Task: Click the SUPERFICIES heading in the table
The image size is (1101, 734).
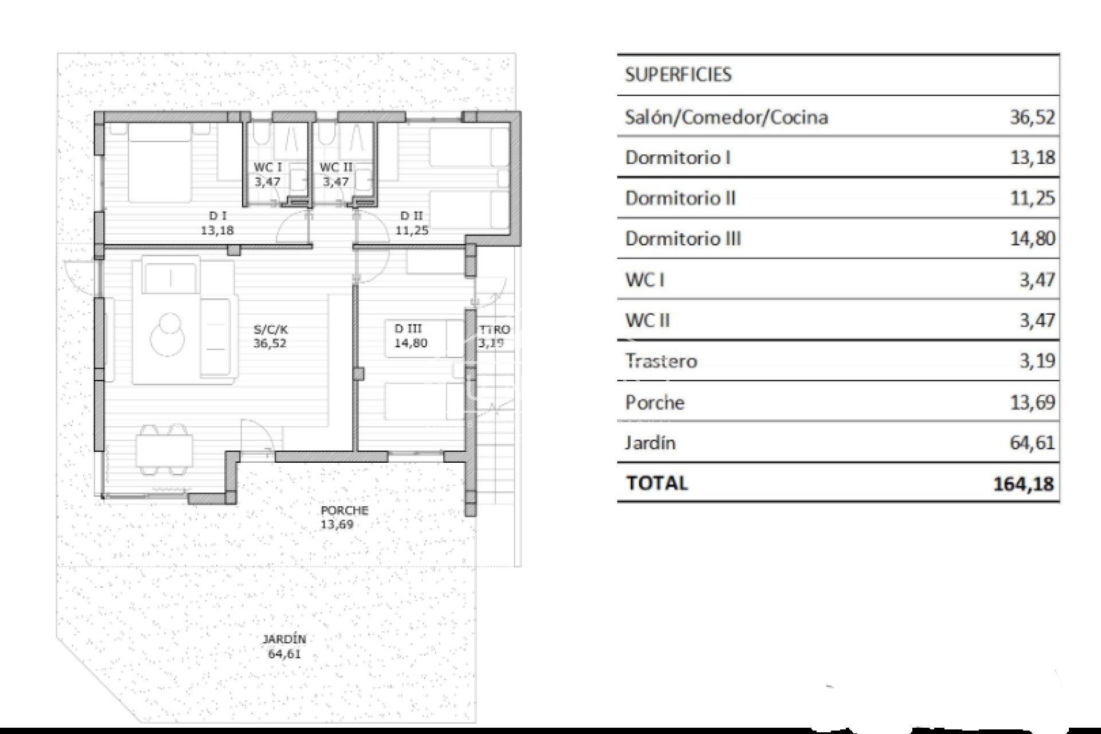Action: [x=678, y=75]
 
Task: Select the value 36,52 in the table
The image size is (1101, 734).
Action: [x=1032, y=117]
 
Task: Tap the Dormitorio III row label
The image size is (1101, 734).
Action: [x=682, y=239]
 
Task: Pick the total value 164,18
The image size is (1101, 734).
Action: [x=1023, y=483]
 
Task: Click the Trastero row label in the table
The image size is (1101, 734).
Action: [x=661, y=361]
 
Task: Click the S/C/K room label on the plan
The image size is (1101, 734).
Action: [x=270, y=330]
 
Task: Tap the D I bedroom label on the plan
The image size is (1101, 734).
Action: [x=217, y=216]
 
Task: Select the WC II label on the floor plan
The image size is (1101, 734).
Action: [x=336, y=167]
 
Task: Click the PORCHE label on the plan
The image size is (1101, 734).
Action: [x=344, y=510]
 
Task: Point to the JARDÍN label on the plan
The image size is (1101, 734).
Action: [x=284, y=639]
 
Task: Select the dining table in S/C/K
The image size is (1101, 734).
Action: [x=164, y=451]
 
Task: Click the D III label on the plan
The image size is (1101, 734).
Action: [x=408, y=329]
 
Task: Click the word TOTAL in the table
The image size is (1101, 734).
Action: [x=657, y=483]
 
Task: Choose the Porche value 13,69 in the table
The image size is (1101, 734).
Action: [x=1032, y=402]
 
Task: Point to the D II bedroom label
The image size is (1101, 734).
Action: [x=411, y=216]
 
